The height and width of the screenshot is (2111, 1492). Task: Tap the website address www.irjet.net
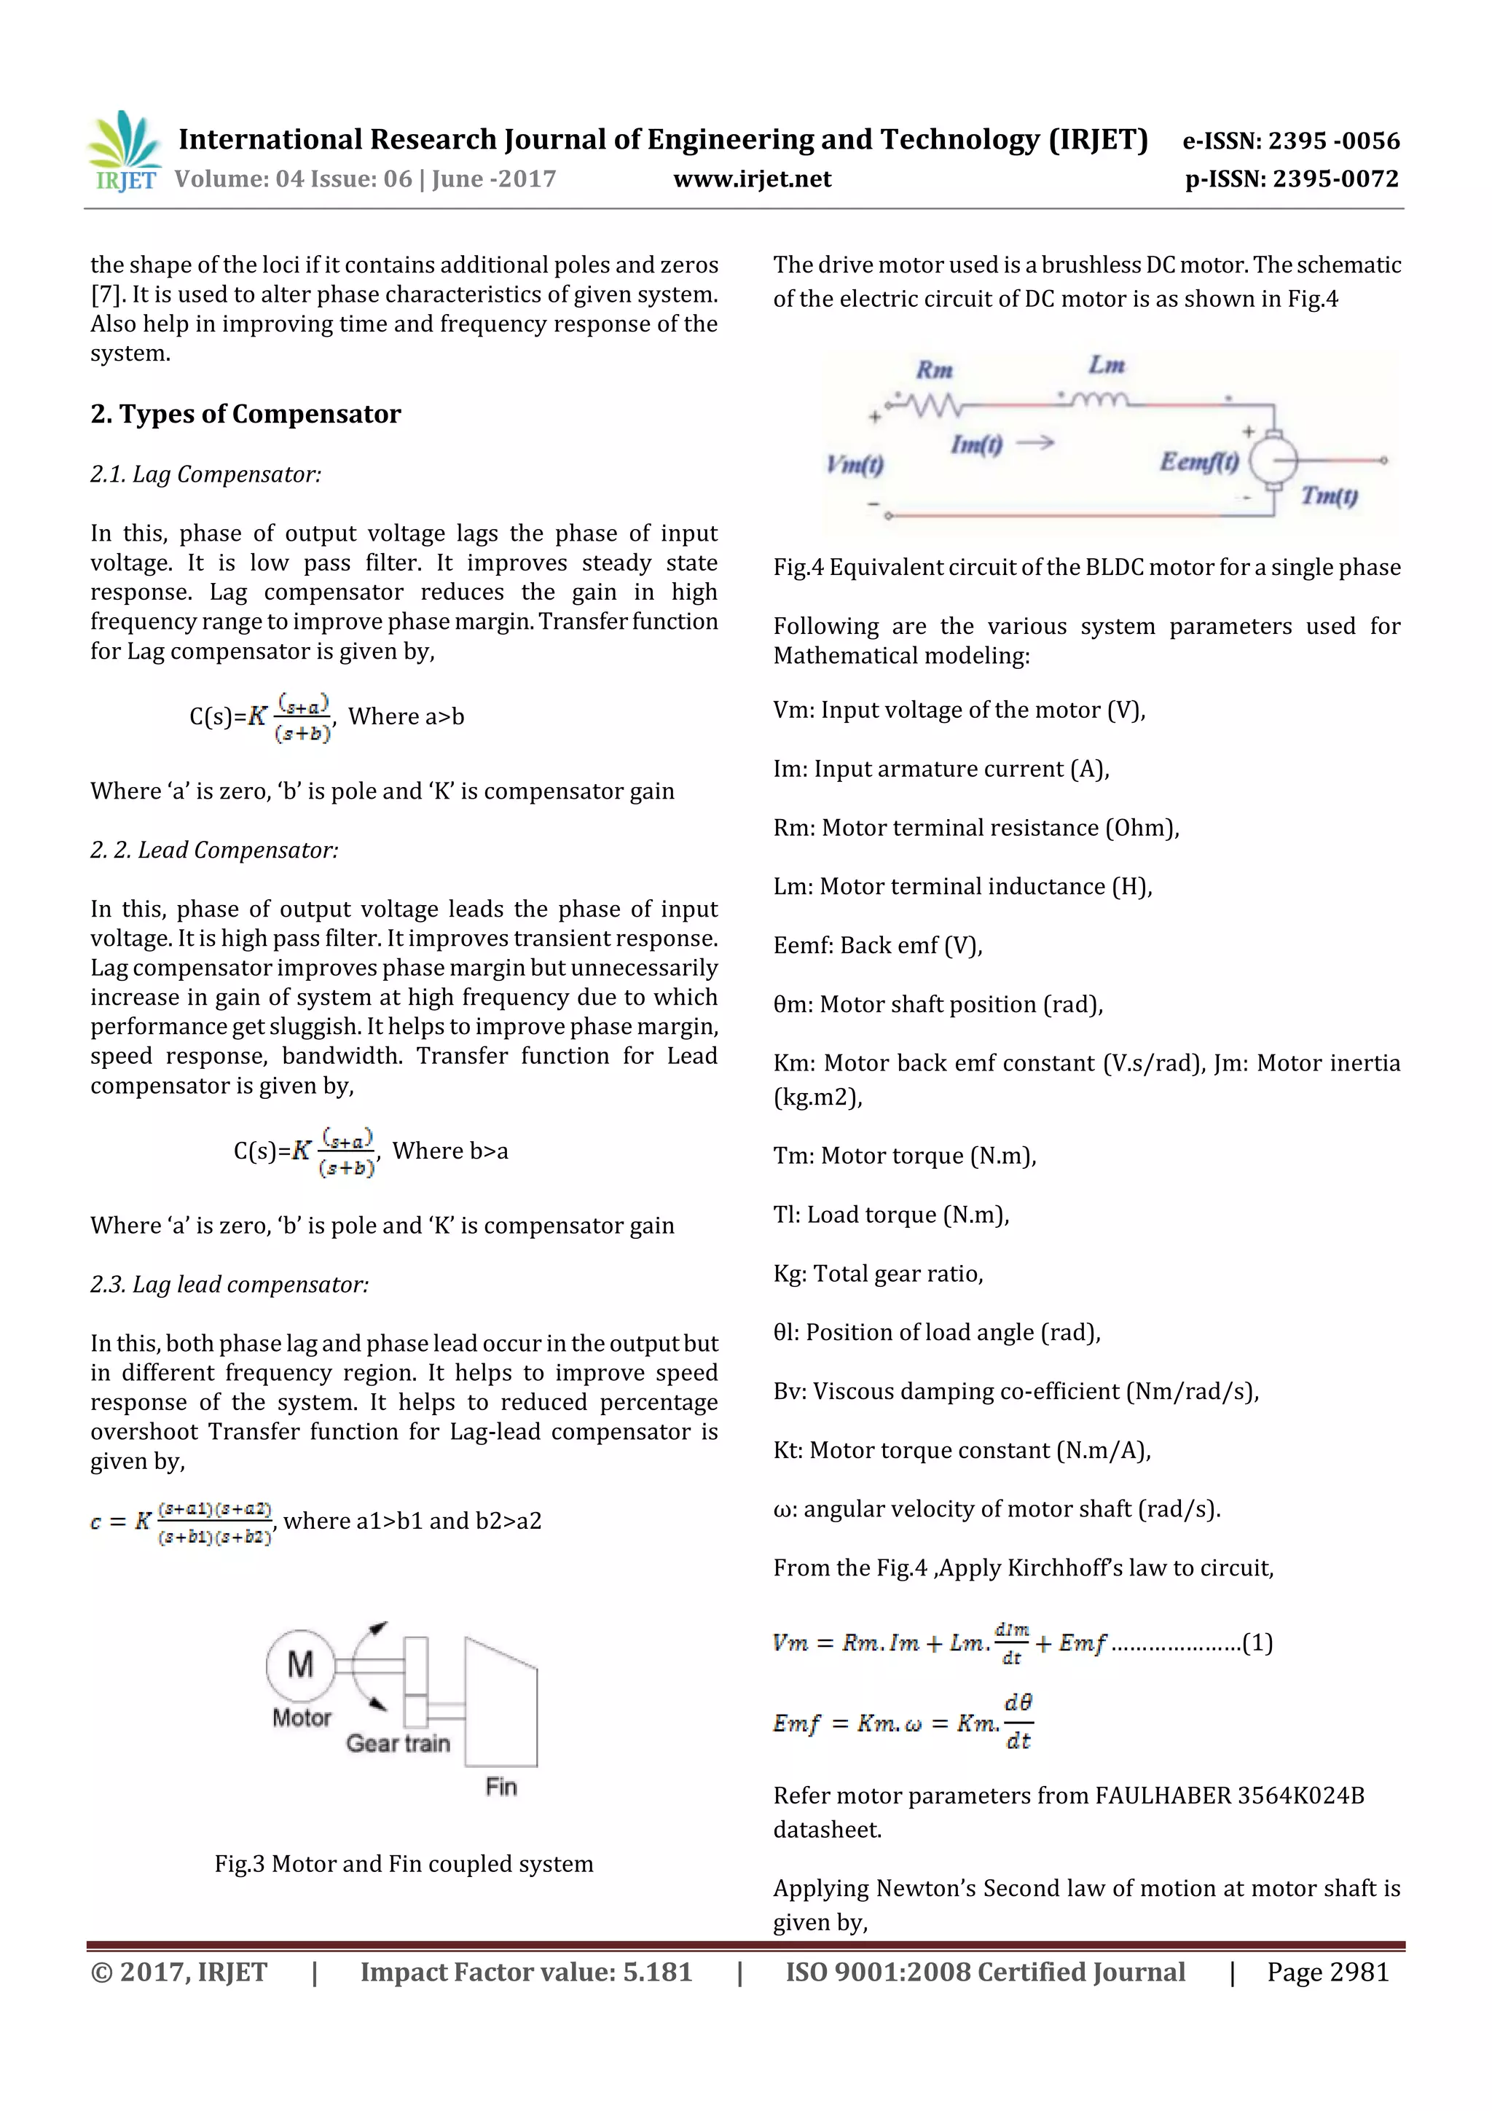click(x=751, y=179)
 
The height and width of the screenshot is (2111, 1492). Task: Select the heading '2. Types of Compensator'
click(x=246, y=414)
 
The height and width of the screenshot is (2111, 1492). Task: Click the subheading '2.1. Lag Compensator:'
click(x=206, y=474)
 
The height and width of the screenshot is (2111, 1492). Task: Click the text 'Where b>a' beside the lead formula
click(x=449, y=1151)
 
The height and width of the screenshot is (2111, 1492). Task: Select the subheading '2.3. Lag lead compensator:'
click(x=229, y=1285)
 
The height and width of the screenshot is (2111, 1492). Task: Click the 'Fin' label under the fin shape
click(x=501, y=1787)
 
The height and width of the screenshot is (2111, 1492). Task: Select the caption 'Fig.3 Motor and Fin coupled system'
click(x=404, y=1864)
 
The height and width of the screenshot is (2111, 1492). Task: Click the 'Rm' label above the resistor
click(x=934, y=370)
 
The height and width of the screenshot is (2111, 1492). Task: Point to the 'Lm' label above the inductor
click(x=1106, y=365)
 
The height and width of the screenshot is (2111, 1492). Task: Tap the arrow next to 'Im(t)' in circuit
click(x=1034, y=443)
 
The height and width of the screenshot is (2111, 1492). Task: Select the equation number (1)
click(x=1257, y=1643)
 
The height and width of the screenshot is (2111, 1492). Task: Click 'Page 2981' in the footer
click(x=1327, y=1971)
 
